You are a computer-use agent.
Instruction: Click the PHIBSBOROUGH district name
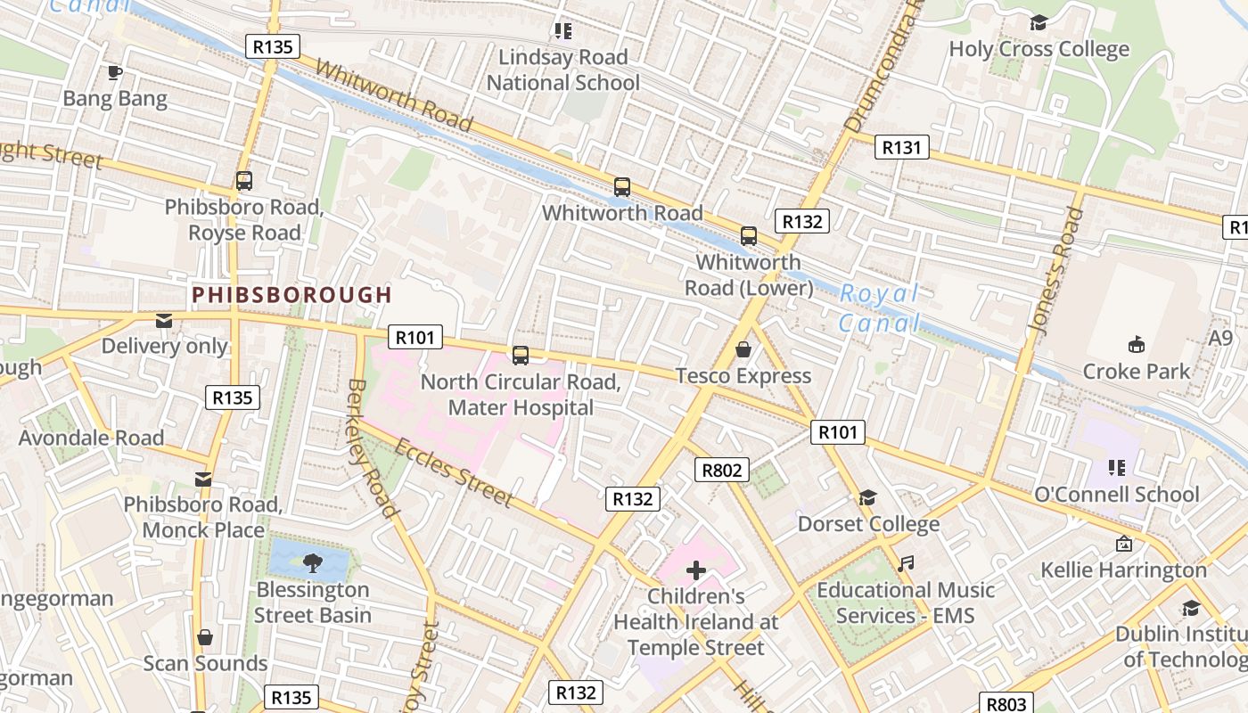291,294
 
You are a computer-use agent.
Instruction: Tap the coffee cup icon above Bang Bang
114,72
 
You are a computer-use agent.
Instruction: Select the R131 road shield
901,147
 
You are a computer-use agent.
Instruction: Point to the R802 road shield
721,470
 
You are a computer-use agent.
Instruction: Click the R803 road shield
1007,703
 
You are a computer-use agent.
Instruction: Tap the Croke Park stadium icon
1136,344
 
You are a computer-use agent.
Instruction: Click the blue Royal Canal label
879,307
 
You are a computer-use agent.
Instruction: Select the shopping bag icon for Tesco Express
743,349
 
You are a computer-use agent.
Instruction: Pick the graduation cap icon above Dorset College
867,497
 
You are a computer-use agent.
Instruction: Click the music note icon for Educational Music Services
906,563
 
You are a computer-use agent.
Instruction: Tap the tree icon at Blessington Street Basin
312,562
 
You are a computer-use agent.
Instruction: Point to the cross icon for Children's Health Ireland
696,570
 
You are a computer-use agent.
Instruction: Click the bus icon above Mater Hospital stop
521,356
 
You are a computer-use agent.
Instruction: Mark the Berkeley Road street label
370,447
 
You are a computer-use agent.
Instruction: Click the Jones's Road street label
1057,272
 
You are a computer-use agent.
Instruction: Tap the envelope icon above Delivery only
164,320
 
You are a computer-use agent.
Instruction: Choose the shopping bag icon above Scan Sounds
205,637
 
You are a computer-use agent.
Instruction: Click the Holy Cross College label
1039,49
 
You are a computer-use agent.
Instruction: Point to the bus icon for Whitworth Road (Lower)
749,236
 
